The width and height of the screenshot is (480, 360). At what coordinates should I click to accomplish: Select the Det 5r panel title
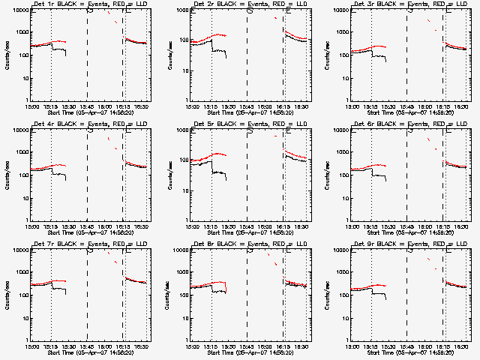point(250,124)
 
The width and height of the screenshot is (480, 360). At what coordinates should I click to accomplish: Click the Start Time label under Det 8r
point(250,352)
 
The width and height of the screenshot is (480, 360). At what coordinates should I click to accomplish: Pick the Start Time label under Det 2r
point(250,112)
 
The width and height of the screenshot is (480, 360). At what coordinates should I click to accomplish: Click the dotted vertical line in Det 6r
point(371,172)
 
